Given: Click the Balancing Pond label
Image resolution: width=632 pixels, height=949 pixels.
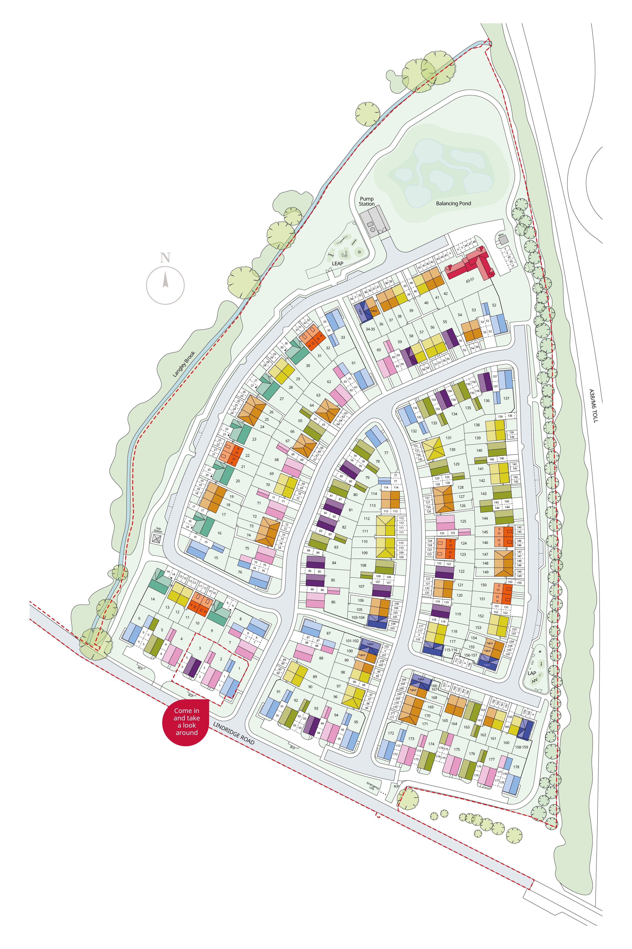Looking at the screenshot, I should tap(453, 203).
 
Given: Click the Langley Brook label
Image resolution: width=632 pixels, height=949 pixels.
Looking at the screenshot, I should tap(184, 364).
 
